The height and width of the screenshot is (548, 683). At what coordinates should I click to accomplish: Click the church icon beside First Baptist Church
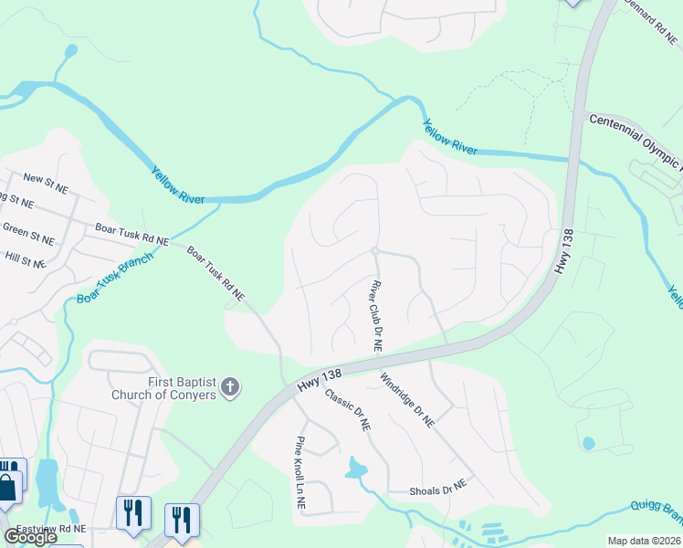(229, 387)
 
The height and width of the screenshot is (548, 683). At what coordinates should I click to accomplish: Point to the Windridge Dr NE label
(407, 401)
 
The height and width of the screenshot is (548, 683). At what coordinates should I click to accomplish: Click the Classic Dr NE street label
(348, 409)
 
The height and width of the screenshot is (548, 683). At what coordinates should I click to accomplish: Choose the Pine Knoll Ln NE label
(299, 472)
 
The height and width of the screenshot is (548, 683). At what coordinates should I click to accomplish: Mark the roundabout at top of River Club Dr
(374, 251)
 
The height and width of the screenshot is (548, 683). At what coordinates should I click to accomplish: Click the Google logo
(30, 537)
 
